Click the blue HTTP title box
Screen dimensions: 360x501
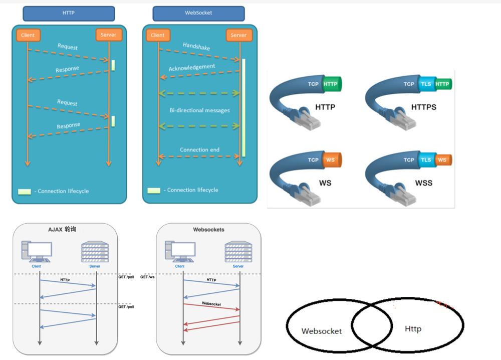(x=69, y=13)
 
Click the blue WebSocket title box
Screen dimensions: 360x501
(x=198, y=14)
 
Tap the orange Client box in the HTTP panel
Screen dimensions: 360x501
(x=28, y=35)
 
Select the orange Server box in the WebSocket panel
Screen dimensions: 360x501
(x=238, y=35)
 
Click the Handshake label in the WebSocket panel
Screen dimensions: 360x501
(x=196, y=46)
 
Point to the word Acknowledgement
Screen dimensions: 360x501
(x=192, y=68)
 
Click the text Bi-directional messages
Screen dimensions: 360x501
(x=199, y=110)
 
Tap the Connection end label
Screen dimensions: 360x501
(x=199, y=149)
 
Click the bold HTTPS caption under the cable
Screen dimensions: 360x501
(x=423, y=107)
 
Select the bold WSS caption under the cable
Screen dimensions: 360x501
(x=423, y=183)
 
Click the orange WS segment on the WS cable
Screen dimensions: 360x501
(x=331, y=160)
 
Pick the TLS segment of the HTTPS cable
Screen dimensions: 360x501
(x=426, y=84)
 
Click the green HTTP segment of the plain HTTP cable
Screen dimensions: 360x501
(x=331, y=84)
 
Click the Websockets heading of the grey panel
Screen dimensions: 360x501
(x=208, y=230)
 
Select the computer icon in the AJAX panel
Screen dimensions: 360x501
(x=36, y=251)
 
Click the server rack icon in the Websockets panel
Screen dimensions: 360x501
(x=238, y=251)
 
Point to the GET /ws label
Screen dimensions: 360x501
(x=147, y=277)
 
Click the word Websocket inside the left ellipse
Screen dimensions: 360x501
(x=322, y=331)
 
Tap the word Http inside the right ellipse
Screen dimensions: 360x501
(x=413, y=329)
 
